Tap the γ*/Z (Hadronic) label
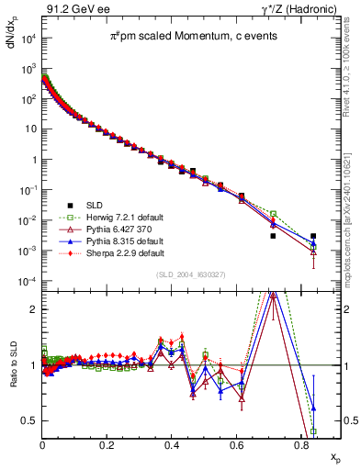coord(293,10)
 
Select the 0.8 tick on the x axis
coord(301,442)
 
